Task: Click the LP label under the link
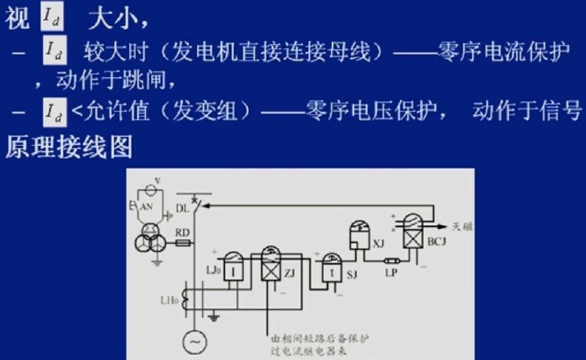(x=391, y=273)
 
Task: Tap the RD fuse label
(x=182, y=231)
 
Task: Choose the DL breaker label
(x=183, y=206)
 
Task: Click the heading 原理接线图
(x=70, y=147)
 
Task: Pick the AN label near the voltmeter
(x=145, y=206)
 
